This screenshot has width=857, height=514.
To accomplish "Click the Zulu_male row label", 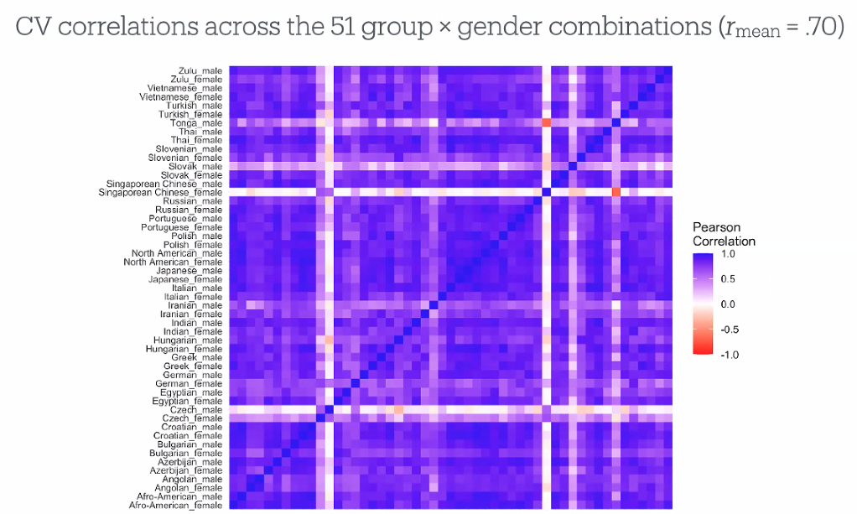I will click(x=200, y=71).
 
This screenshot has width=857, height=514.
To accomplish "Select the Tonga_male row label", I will click(x=196, y=123).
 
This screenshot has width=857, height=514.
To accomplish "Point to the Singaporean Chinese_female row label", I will click(x=160, y=193).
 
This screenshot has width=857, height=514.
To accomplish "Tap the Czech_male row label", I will click(x=197, y=409).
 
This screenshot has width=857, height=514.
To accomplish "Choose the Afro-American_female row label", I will click(x=175, y=505).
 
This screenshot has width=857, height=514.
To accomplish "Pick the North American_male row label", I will click(x=177, y=253).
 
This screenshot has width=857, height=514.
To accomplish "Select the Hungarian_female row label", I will click(x=184, y=349).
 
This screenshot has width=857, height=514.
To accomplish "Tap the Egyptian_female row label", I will click(x=187, y=401).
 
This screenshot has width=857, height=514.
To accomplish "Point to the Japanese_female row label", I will click(x=185, y=279).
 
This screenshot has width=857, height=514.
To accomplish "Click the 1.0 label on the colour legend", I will click(x=727, y=253).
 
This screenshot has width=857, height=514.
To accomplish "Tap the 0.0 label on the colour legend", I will click(x=727, y=304).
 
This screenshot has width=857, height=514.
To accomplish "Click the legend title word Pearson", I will click(x=716, y=227).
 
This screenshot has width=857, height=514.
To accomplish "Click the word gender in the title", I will click(x=500, y=27).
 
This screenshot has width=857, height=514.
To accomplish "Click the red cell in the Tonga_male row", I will click(x=546, y=123).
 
